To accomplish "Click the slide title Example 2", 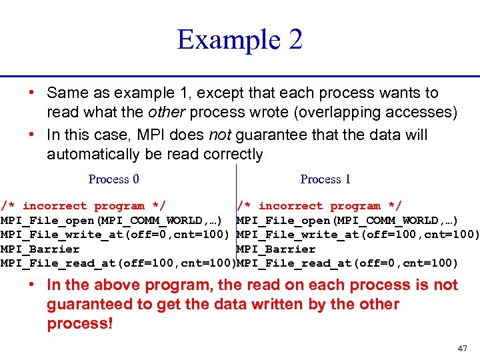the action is (239, 40).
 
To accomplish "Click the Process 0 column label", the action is (113, 179).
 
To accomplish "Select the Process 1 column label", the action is (325, 179).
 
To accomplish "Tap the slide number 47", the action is (463, 349).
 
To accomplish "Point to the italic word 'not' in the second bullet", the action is (220, 135).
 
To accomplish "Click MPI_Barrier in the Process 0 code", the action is (40, 249).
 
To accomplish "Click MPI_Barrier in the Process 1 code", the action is (276, 249).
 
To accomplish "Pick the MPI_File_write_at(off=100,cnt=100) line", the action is (358, 235).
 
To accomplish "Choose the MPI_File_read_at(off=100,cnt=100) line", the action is (118, 263).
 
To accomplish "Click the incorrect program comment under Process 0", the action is (83, 207).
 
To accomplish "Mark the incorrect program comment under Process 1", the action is (319, 207).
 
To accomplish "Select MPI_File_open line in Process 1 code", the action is (347, 221).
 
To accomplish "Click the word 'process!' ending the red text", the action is (80, 325).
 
